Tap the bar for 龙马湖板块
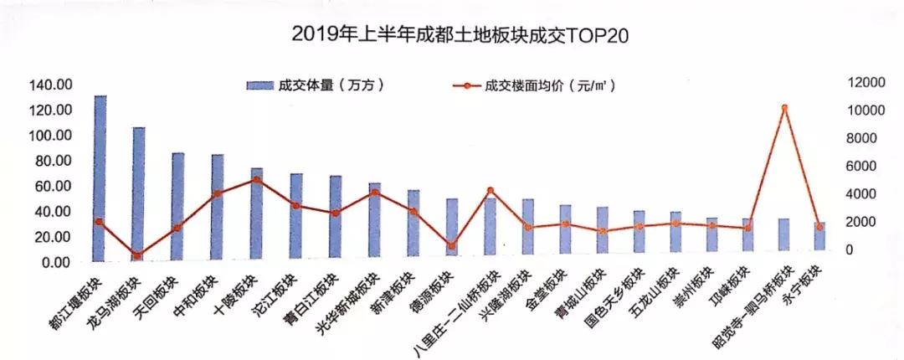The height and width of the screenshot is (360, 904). tap(139, 193)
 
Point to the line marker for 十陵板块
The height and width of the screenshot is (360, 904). tap(256, 179)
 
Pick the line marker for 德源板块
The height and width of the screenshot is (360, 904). tap(452, 246)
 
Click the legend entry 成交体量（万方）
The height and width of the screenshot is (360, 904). tap(318, 85)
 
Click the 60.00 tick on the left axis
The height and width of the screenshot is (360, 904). tap(53, 186)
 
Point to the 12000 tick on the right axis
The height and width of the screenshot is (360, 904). tap(867, 83)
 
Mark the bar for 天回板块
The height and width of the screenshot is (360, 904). tap(178, 205)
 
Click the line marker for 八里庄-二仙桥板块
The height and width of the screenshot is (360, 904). tap(491, 191)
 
